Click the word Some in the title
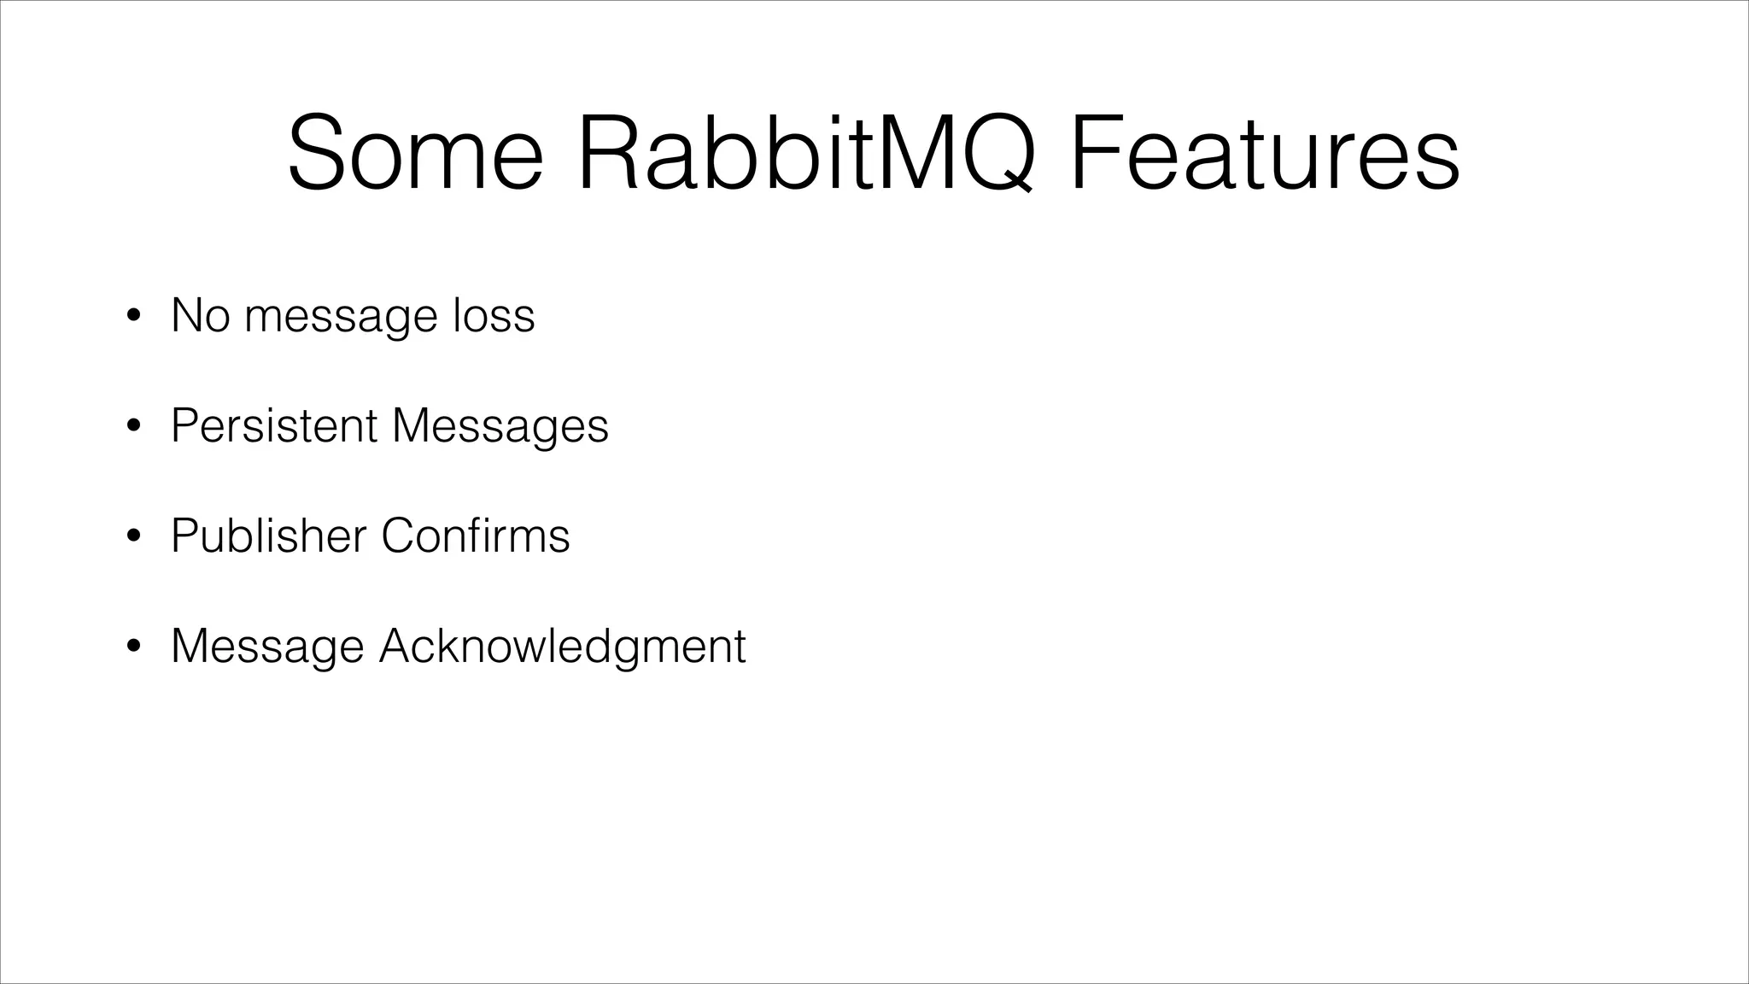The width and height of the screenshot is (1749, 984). pos(415,154)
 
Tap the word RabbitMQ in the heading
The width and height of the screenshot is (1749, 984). pos(806,154)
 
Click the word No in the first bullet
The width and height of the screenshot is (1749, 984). pos(201,315)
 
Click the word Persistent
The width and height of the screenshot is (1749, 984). pos(274,425)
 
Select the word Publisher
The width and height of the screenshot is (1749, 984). pos(268,536)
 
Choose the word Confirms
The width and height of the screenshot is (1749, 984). pos(475,536)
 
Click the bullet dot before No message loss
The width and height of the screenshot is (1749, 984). pos(132,317)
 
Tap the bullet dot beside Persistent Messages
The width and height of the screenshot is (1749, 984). pos(132,427)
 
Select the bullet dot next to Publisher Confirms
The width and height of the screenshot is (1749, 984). pos(132,537)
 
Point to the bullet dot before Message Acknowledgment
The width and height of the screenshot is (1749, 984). pos(132,647)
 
